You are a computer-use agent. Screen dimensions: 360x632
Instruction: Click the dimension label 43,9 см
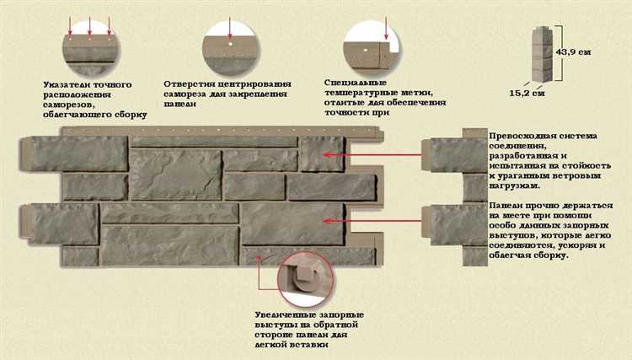click(x=573, y=53)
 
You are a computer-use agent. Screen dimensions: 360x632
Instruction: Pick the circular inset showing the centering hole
click(x=230, y=41)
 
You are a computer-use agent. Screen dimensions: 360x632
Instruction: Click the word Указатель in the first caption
click(x=64, y=84)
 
